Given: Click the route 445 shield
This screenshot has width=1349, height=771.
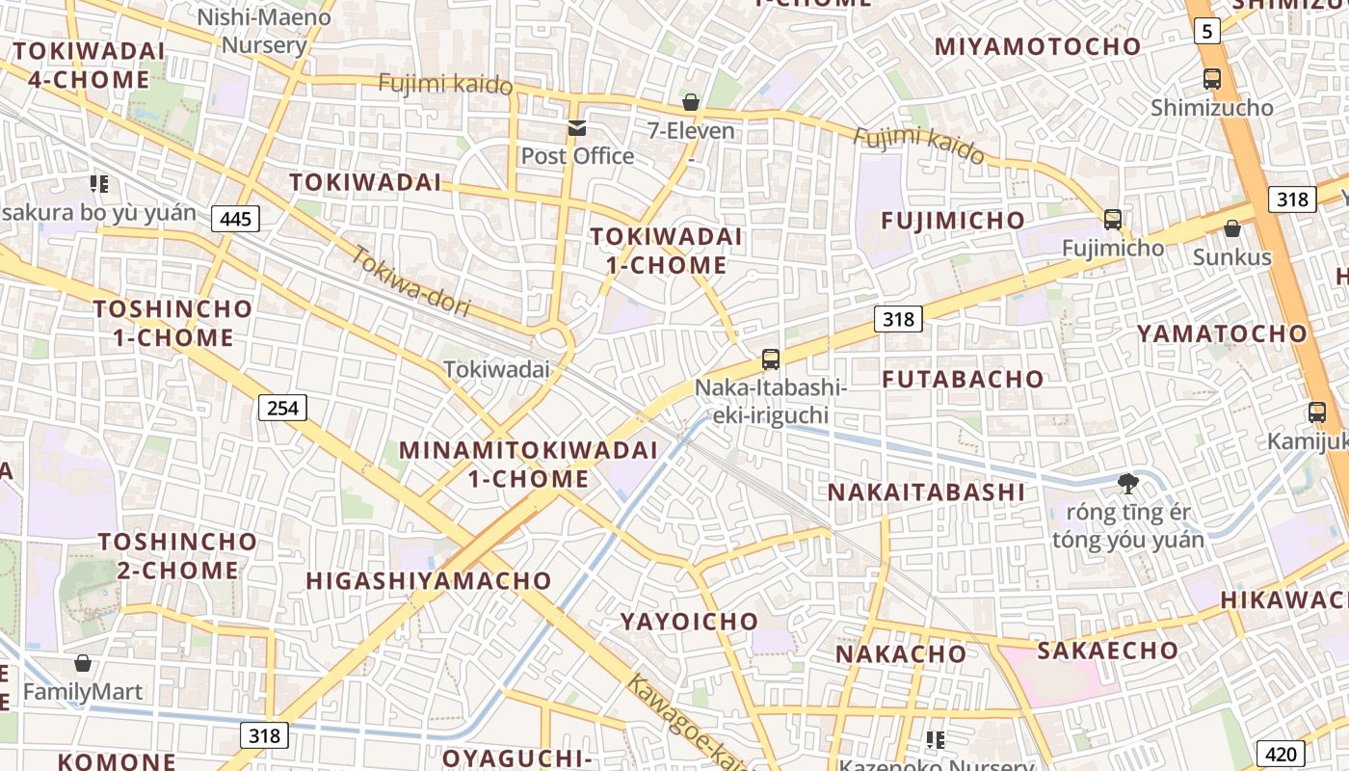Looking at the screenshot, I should click(x=235, y=219).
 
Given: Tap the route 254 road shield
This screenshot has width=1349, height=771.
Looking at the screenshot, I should click(x=282, y=408).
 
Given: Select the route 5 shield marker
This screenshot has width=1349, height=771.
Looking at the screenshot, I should click(x=1206, y=32).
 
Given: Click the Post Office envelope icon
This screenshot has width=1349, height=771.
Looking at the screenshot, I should click(x=577, y=127).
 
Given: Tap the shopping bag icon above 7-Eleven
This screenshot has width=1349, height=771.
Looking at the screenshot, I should click(x=691, y=102).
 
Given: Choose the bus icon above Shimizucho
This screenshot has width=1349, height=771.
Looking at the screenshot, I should click(x=1212, y=79).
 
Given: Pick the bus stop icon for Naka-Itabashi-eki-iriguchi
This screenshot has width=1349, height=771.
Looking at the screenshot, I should click(x=771, y=359).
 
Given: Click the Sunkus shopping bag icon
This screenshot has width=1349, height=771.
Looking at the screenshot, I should click(x=1231, y=228).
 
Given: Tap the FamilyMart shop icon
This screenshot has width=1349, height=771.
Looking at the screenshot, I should click(x=83, y=663).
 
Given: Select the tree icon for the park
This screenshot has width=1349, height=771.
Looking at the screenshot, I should click(x=1127, y=483).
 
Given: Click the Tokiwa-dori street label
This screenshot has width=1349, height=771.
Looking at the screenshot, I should click(x=410, y=282).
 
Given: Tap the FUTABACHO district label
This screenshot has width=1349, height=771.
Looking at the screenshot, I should click(x=963, y=379).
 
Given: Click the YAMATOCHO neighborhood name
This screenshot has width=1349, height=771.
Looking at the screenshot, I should click(x=1222, y=334).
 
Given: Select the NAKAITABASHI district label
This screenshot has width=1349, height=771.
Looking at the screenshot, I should click(x=926, y=492).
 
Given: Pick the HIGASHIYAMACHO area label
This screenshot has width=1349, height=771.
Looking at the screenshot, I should click(x=428, y=581).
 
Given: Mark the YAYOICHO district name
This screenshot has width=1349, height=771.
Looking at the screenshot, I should click(x=689, y=622).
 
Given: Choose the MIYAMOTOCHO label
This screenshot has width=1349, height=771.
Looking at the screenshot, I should click(x=1038, y=46).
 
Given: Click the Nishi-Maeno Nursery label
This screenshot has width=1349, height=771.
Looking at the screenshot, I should click(x=264, y=31).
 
